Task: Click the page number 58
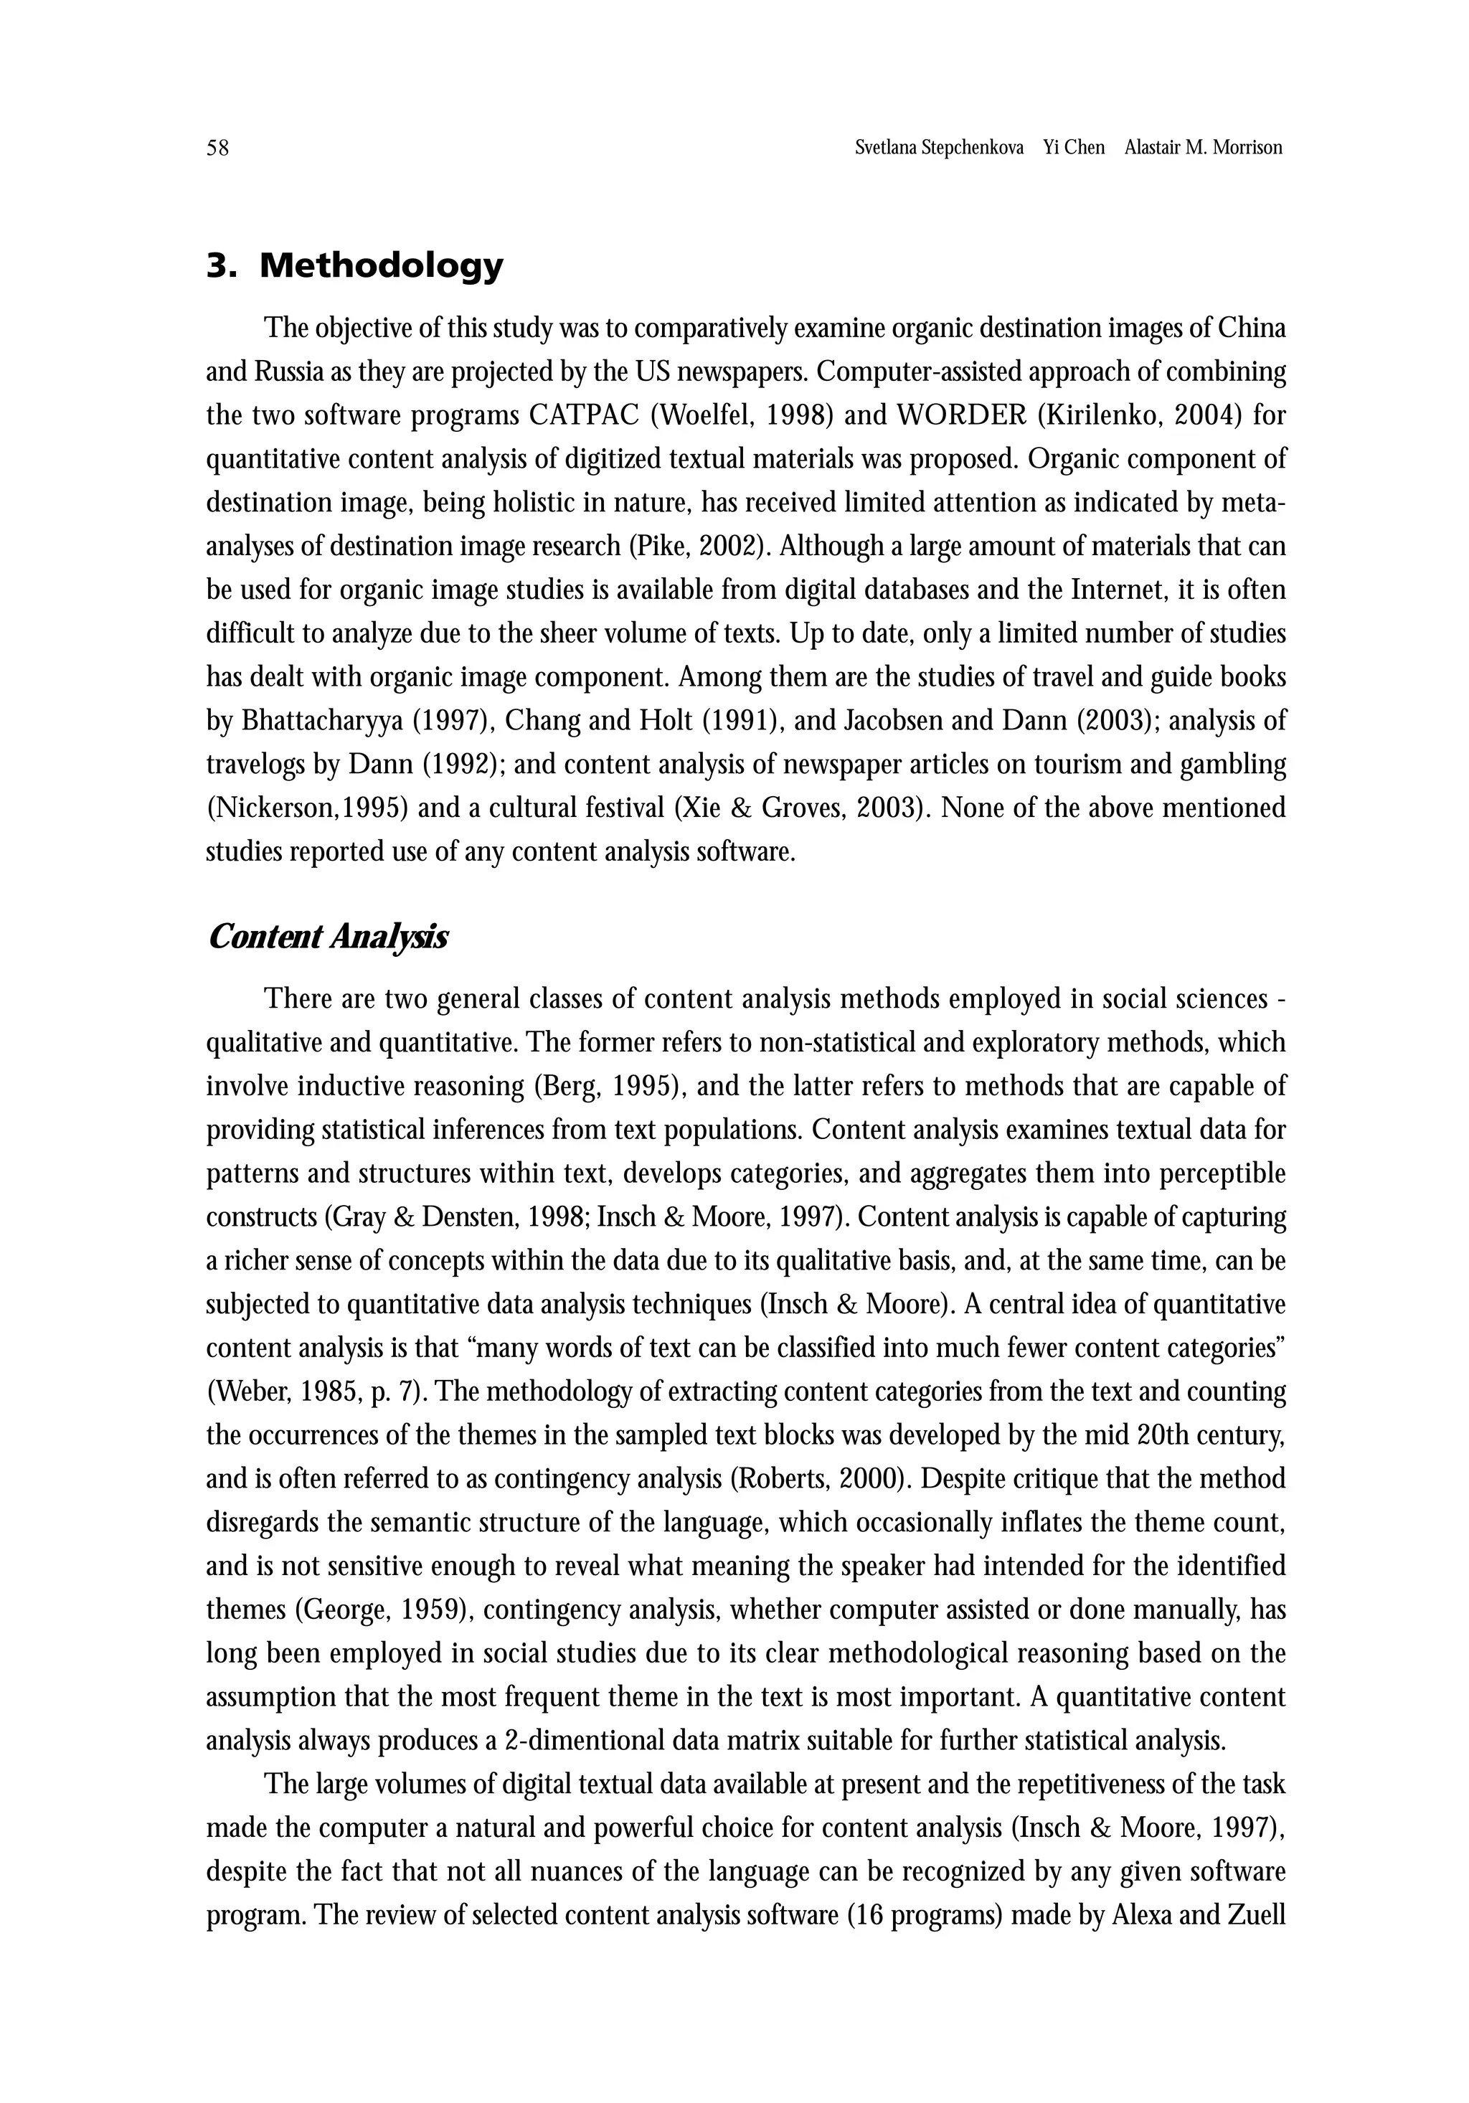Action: point(217,148)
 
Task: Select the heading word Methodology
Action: point(381,267)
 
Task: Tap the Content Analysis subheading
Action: point(327,937)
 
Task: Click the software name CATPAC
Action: point(583,416)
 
